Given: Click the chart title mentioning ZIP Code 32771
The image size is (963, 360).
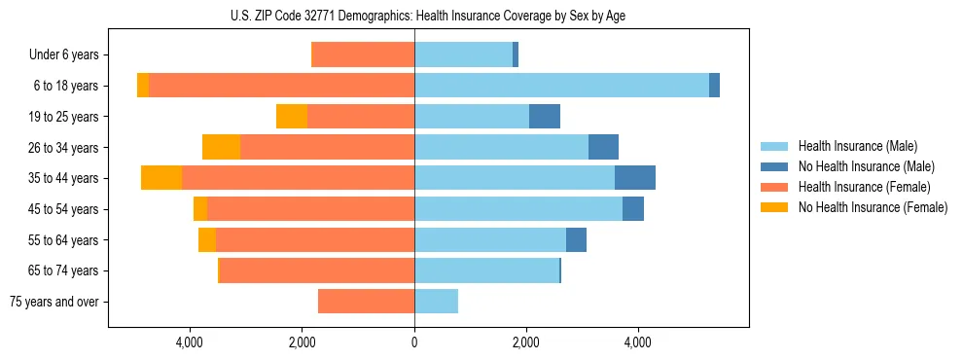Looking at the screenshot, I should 481,15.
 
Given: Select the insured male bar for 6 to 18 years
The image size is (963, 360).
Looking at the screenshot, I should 561,86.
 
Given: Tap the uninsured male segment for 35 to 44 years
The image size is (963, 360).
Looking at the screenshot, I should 634,178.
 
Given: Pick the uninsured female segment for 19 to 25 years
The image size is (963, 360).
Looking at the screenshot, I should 292,117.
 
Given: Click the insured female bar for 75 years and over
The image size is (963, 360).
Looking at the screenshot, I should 366,302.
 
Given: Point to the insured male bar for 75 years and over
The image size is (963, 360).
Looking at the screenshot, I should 436,302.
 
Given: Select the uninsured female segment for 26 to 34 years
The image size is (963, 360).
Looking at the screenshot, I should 221,147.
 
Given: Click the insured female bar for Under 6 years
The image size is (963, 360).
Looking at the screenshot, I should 363,54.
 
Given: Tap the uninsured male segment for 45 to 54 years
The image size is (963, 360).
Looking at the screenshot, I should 633,209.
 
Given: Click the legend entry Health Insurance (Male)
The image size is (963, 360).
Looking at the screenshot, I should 857,146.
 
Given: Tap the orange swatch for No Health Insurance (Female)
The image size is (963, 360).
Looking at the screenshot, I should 775,207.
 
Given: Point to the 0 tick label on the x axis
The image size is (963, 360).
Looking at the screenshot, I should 414,342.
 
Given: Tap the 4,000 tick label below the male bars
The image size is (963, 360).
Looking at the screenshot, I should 638,342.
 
